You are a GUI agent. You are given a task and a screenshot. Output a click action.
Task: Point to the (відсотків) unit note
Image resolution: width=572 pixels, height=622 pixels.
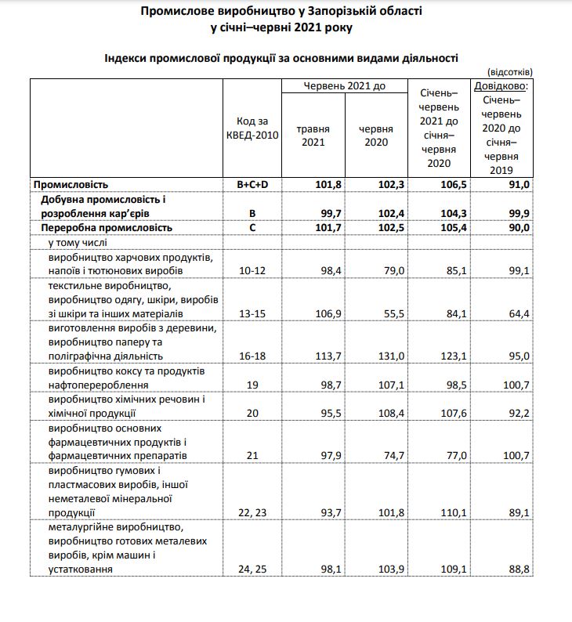(510, 71)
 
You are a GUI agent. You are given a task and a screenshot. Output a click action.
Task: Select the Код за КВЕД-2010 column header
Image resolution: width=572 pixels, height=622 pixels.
(258, 128)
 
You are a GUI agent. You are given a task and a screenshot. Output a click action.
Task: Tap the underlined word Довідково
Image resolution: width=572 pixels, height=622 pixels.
(501, 85)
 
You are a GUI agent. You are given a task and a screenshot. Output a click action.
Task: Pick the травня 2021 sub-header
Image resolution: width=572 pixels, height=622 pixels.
(313, 136)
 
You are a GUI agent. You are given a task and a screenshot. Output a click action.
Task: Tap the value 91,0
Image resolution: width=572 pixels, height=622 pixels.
(520, 184)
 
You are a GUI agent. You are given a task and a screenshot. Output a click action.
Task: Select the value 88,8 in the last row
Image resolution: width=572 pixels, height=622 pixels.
(520, 570)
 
